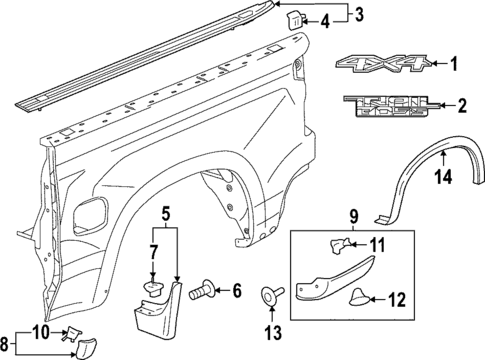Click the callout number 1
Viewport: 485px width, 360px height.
[x=453, y=66]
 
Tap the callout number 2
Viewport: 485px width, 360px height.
[x=462, y=104]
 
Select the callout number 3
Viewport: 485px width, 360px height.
[x=360, y=13]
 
